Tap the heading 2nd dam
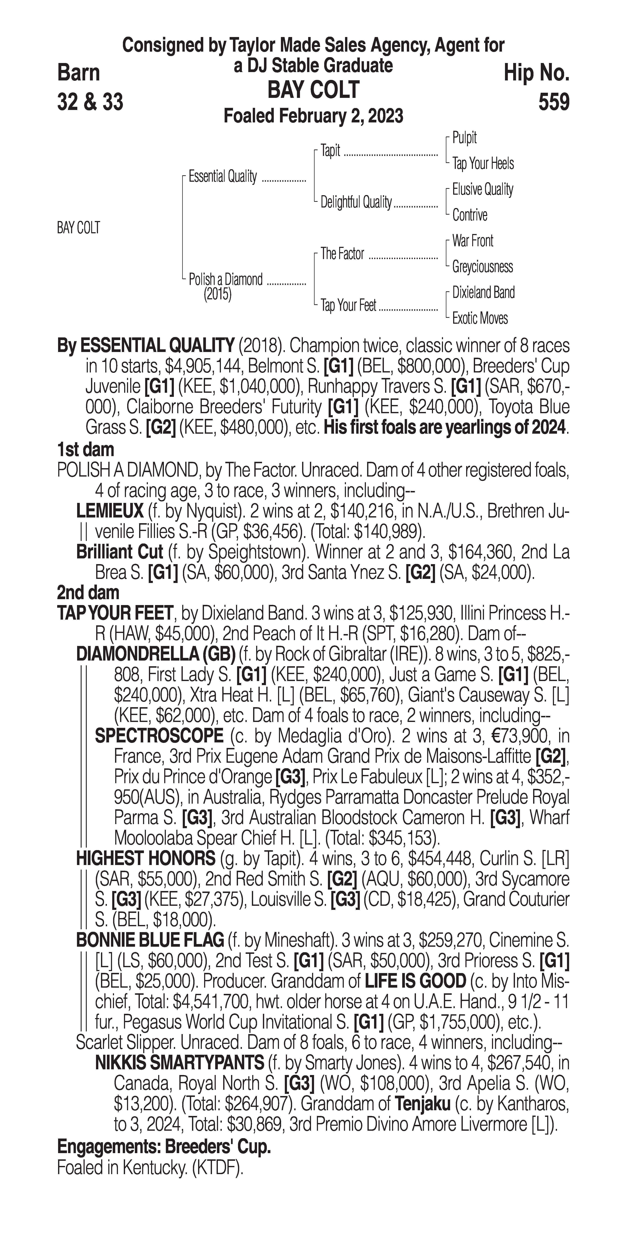(x=88, y=592)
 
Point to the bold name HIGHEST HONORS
(x=146, y=859)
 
